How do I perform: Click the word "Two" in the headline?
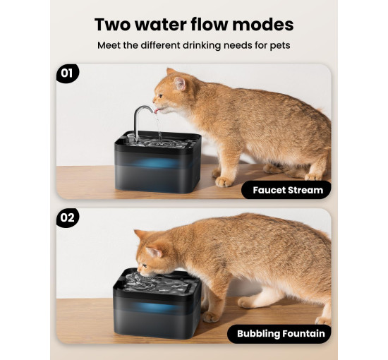[x=113, y=25]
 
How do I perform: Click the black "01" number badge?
[x=68, y=73]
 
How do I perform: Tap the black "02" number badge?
[x=68, y=218]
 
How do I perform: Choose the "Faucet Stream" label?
[x=286, y=190]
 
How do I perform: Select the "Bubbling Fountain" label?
[x=279, y=333]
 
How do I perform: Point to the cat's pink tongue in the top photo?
[x=157, y=111]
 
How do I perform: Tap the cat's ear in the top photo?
[x=180, y=83]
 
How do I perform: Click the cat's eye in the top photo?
[x=160, y=95]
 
